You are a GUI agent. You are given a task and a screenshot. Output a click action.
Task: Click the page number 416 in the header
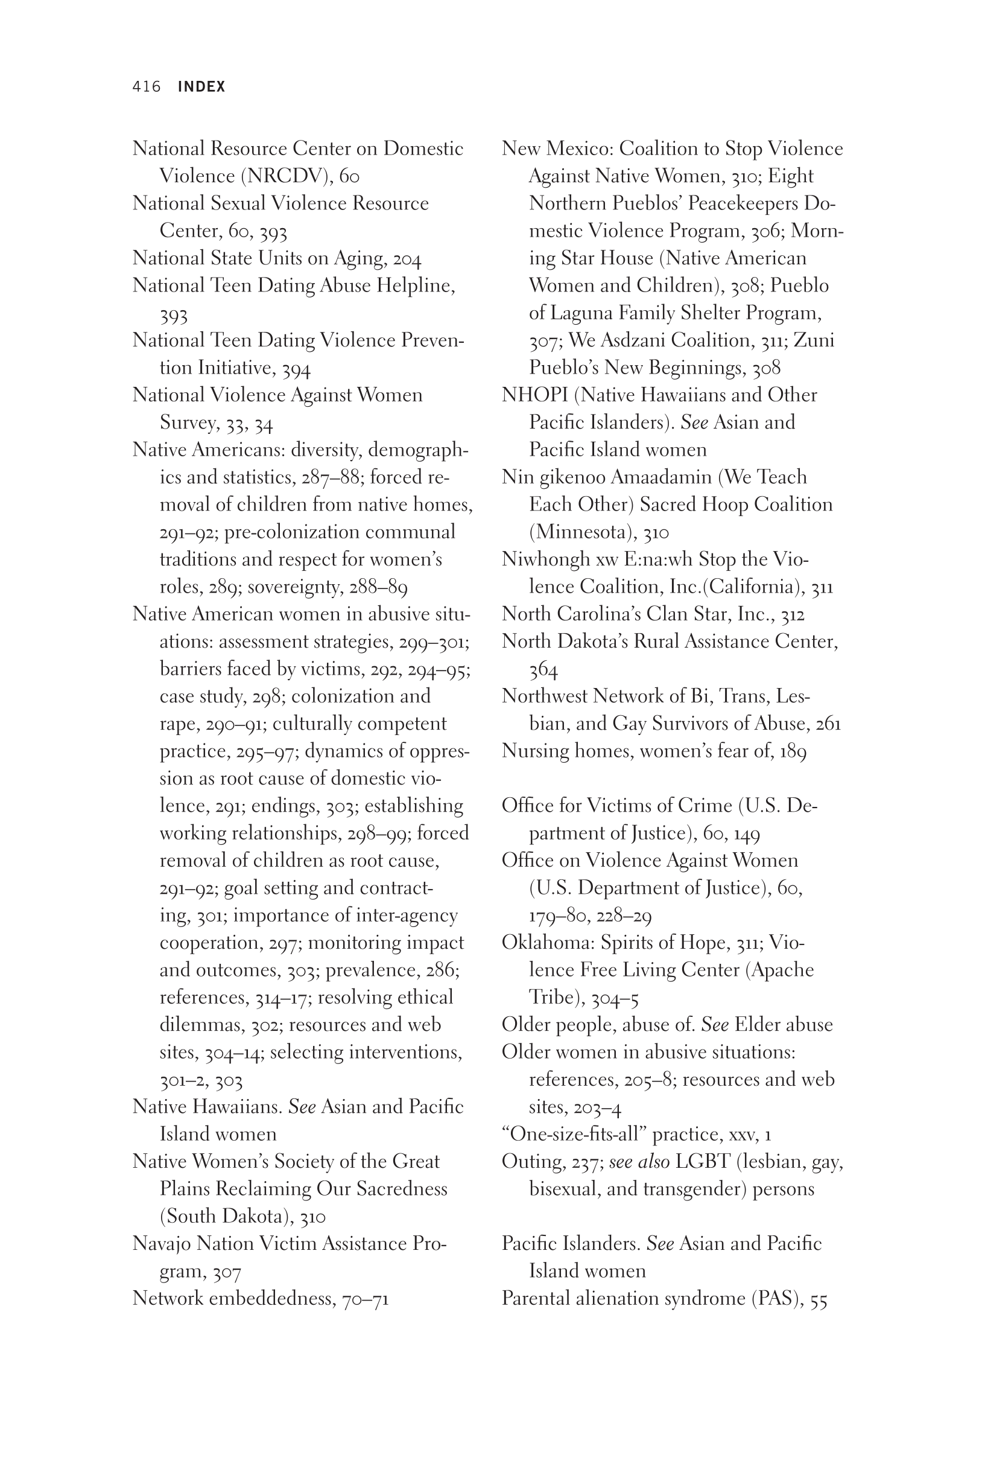click(147, 87)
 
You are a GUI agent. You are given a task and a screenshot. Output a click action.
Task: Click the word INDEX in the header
click(201, 87)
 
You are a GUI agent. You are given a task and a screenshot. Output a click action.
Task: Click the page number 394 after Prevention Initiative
click(297, 368)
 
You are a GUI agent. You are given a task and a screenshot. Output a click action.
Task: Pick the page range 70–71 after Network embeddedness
click(365, 1299)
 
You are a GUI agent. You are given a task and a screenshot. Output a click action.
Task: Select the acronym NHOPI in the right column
click(534, 395)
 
